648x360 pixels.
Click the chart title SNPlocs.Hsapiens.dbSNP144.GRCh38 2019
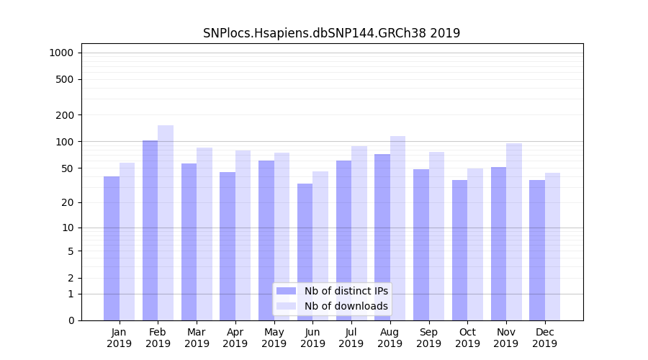point(331,33)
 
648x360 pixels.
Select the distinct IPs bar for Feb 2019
point(150,230)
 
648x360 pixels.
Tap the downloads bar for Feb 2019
point(166,223)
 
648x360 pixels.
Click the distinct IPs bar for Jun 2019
point(305,252)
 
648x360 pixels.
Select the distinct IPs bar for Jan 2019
point(112,248)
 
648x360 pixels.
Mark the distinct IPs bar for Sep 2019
point(421,245)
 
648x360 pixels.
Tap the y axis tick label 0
point(71,320)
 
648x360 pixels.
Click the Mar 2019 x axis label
point(197,338)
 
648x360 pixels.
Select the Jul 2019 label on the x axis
point(351,338)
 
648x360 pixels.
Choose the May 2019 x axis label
point(274,338)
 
